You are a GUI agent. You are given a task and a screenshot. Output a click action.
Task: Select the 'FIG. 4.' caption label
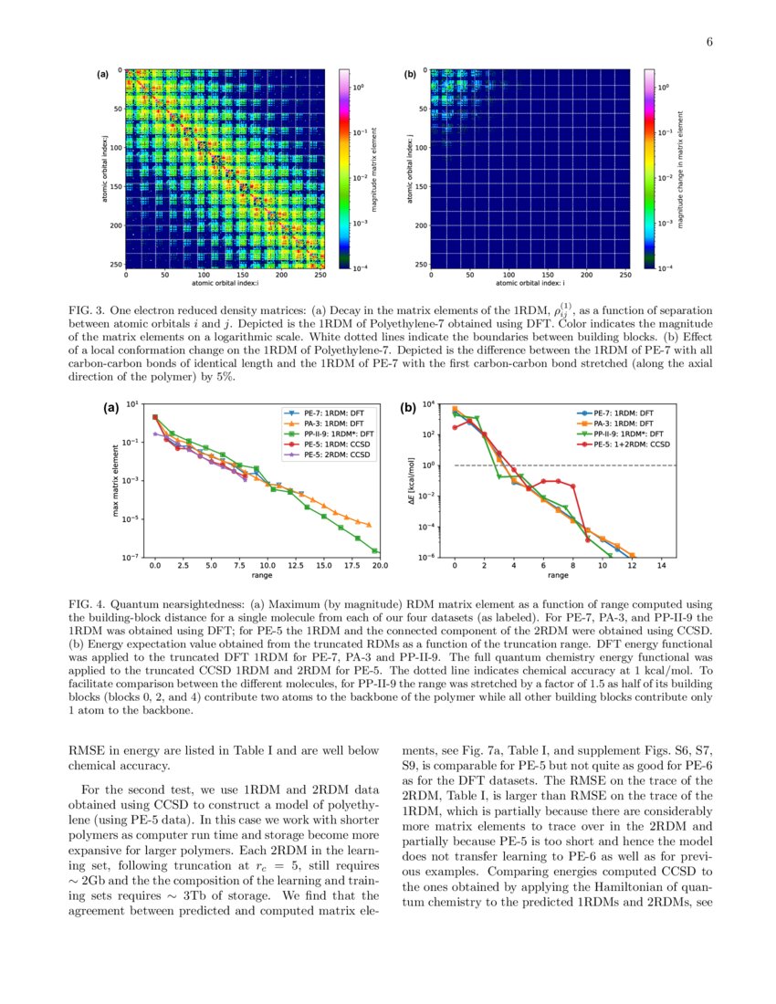(x=87, y=603)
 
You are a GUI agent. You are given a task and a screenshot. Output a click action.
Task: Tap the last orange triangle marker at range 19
(x=368, y=525)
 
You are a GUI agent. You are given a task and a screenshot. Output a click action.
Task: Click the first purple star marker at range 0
(x=155, y=434)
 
